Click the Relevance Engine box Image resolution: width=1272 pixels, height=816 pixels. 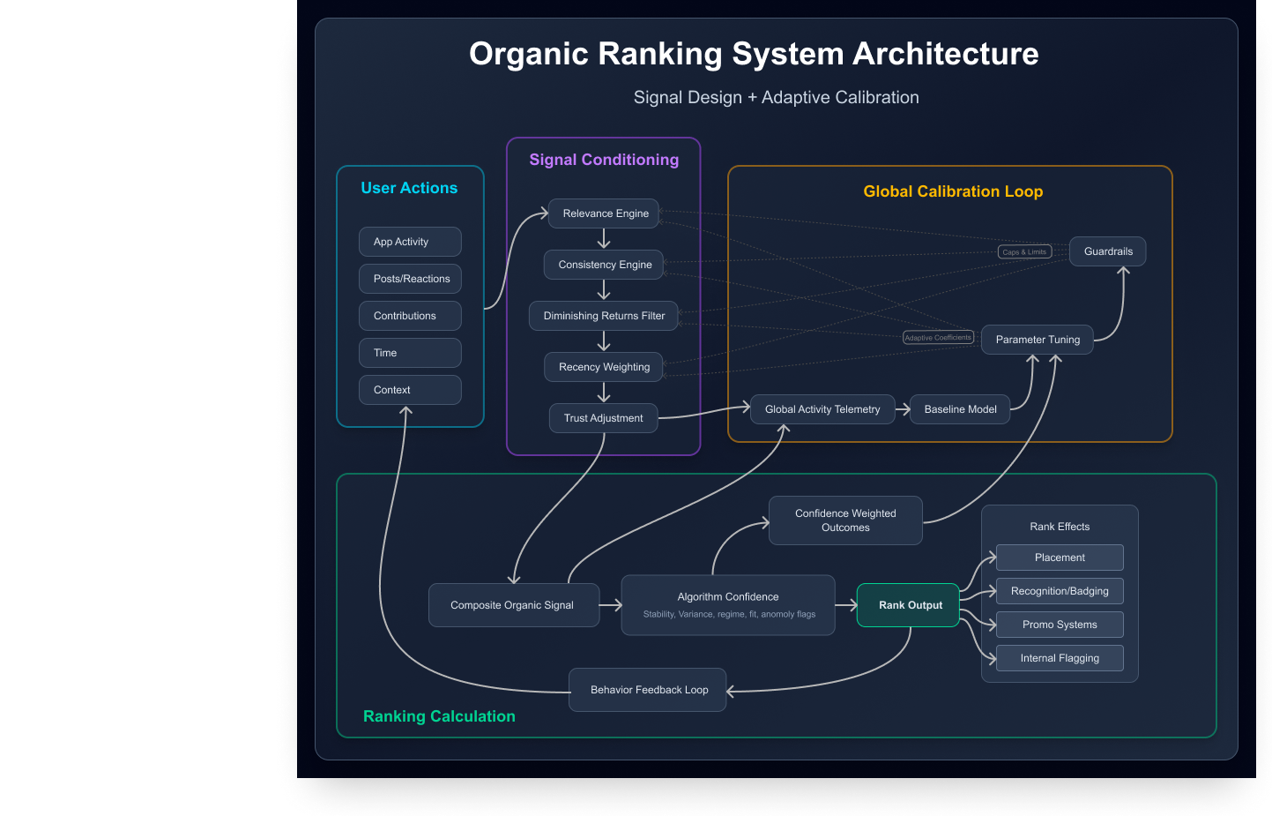click(604, 213)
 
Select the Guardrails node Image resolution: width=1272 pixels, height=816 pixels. click(1107, 251)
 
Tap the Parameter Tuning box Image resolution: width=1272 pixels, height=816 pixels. click(1037, 340)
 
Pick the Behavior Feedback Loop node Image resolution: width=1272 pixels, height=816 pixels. click(648, 690)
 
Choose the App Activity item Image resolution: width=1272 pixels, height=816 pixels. click(410, 242)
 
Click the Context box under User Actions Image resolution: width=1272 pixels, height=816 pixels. click(410, 390)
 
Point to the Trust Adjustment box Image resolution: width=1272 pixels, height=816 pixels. click(603, 418)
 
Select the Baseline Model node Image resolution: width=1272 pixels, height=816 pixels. click(960, 409)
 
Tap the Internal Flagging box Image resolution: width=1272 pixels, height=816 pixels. click(1060, 658)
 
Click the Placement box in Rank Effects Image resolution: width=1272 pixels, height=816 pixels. click(1060, 558)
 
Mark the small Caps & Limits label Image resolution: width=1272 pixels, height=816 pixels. click(1024, 252)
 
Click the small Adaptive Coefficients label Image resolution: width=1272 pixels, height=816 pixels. click(938, 338)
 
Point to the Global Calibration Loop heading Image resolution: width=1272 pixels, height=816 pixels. click(953, 191)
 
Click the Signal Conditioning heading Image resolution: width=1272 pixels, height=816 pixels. click(604, 160)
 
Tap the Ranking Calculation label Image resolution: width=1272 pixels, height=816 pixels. click(439, 716)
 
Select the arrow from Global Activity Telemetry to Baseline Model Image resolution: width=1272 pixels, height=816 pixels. click(903, 409)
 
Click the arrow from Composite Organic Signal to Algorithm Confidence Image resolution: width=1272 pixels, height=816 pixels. click(611, 605)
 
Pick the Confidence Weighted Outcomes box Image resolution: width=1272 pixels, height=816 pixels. click(845, 520)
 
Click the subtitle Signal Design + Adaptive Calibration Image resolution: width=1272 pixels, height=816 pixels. click(776, 98)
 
